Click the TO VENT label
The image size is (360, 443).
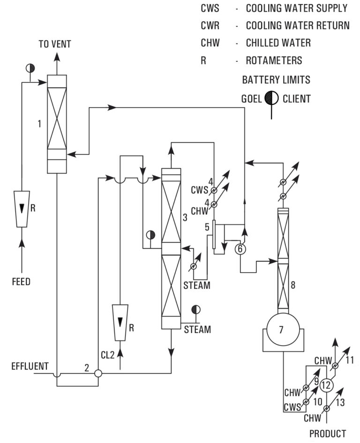pyautogui.click(x=55, y=44)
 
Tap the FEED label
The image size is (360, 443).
pyautogui.click(x=21, y=282)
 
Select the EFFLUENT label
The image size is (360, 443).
pyautogui.click(x=30, y=366)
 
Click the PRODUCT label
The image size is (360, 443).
pyautogui.click(x=328, y=434)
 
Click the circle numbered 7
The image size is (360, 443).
pyautogui.click(x=281, y=330)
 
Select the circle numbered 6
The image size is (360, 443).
pyautogui.click(x=240, y=249)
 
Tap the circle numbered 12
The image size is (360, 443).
pyautogui.click(x=327, y=385)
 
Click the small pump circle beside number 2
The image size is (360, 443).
pyautogui.click(x=98, y=374)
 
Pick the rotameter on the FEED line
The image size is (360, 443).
pyautogui.click(x=22, y=208)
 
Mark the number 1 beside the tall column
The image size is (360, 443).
pyautogui.click(x=40, y=124)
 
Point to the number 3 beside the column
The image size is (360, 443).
pyautogui.click(x=185, y=217)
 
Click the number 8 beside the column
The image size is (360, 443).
pyautogui.click(x=292, y=285)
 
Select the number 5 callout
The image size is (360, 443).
pyautogui.click(x=207, y=228)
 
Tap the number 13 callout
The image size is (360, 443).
pyautogui.click(x=340, y=402)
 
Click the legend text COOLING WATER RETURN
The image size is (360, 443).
pyautogui.click(x=298, y=25)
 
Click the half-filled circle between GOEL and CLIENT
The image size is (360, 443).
pyautogui.click(x=271, y=98)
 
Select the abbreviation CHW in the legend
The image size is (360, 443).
pyautogui.click(x=210, y=43)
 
